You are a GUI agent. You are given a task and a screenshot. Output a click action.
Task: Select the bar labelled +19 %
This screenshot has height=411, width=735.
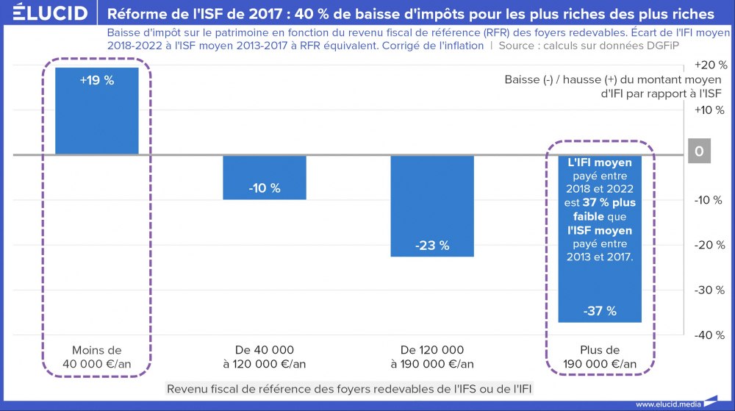click(97, 110)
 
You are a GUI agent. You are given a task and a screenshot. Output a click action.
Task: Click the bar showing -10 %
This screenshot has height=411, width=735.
click(265, 176)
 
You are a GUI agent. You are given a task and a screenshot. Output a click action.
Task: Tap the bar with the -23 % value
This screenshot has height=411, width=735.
click(432, 206)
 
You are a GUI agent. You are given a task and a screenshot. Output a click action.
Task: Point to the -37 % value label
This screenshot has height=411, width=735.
click(600, 311)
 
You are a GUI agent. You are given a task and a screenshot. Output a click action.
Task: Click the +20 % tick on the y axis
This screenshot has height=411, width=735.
click(709, 65)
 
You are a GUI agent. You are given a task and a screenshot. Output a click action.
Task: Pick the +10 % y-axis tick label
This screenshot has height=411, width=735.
click(709, 110)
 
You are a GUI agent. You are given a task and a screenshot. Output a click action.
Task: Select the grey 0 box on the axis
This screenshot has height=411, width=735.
click(699, 152)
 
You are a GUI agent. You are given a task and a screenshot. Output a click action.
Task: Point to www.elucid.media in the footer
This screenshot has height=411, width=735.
click(667, 404)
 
